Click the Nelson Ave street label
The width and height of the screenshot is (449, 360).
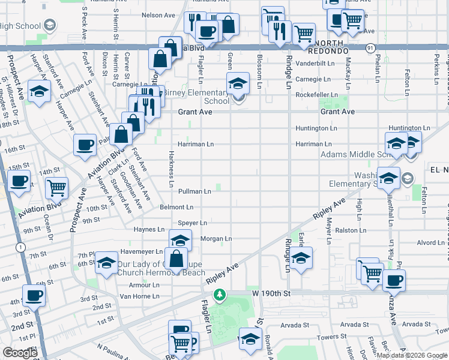pyautogui.click(x=158, y=15)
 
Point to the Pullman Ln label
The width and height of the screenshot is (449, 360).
pyautogui.click(x=194, y=191)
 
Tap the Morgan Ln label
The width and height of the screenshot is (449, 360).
pyautogui.click(x=216, y=239)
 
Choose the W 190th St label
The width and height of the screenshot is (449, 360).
pyautogui.click(x=271, y=293)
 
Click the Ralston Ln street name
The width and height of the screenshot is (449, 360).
pyautogui.click(x=351, y=230)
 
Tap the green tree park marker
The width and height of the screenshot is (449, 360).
pyautogui.click(x=220, y=294)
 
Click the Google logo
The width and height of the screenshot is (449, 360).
pyautogui.click(x=20, y=353)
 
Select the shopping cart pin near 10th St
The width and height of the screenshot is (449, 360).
pyautogui.click(x=56, y=187)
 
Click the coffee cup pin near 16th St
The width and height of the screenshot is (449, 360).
pyautogui.click(x=85, y=145)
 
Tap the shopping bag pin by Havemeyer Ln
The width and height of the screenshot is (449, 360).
pyautogui.click(x=176, y=259)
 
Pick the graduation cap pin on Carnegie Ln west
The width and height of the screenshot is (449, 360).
pyautogui.click(x=38, y=91)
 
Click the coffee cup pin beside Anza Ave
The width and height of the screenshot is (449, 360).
pyautogui.click(x=394, y=280)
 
